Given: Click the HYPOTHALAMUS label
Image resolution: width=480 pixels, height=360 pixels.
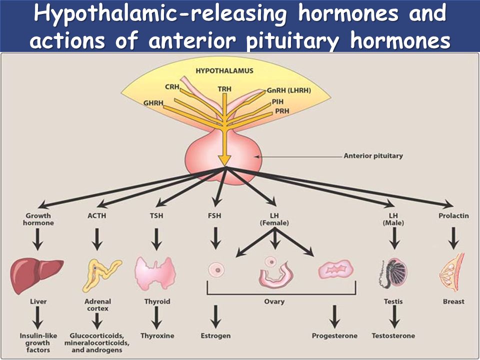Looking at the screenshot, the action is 224,70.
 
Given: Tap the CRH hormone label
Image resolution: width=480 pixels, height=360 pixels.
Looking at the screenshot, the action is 172,87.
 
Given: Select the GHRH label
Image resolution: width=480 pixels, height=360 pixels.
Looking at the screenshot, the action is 153,103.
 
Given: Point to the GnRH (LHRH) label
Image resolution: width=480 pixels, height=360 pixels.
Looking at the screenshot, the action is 288,90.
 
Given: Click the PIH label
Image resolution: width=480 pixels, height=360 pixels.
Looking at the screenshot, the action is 277,101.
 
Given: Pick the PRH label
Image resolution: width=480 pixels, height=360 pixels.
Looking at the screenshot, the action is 282,111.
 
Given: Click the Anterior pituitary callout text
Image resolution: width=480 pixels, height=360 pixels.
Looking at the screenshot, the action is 373,156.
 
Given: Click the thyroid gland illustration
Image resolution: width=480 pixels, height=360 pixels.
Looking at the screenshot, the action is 155,273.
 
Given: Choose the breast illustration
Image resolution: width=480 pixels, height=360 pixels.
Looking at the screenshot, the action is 451,272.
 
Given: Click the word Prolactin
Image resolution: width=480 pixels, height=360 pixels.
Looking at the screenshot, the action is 453,216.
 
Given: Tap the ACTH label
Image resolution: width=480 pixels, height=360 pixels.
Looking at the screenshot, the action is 96,216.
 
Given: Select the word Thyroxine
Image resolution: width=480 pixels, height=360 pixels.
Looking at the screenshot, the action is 157,336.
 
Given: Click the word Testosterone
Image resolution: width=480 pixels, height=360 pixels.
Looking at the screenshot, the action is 393,336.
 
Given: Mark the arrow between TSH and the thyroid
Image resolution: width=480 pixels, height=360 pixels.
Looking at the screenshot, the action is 156,239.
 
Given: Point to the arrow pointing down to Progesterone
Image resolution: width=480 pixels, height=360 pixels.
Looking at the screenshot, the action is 334,316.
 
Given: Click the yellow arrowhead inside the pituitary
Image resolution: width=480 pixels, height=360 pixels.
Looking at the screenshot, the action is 224,160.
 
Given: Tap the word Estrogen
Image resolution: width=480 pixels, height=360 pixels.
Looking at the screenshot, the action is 215,336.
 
